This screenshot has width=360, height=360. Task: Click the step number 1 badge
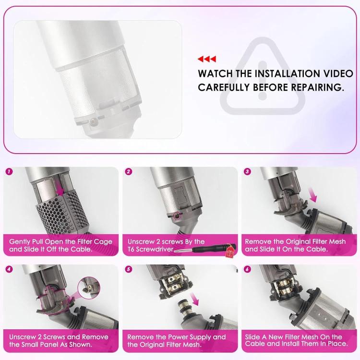click(10, 171)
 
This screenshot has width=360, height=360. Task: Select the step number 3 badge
click(247, 171)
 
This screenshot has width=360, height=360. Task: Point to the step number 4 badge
click(10, 269)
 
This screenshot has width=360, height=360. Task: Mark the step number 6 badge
click(247, 269)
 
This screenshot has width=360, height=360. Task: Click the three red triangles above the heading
click(207, 59)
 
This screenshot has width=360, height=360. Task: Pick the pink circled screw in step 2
click(177, 216)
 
